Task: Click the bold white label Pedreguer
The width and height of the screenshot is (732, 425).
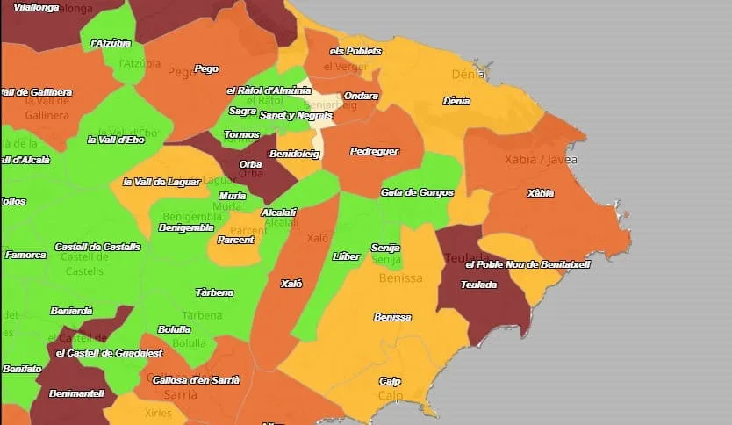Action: (374, 151)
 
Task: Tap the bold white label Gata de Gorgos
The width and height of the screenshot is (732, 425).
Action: (417, 192)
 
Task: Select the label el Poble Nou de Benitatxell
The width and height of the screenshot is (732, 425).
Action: (527, 264)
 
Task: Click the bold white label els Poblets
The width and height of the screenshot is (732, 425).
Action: (355, 51)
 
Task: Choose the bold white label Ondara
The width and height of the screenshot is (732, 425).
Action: (361, 96)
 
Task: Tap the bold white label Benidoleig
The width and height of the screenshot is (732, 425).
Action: (294, 154)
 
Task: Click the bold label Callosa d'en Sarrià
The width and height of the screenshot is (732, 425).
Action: (196, 380)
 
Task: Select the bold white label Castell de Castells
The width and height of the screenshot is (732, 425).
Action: (97, 247)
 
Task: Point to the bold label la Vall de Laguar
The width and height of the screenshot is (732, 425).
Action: (162, 182)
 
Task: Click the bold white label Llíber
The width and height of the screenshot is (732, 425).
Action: (347, 256)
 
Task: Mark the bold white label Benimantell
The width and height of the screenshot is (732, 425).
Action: (76, 393)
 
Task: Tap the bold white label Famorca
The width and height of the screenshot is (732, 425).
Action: (25, 255)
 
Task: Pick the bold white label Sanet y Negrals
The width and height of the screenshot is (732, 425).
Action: (296, 115)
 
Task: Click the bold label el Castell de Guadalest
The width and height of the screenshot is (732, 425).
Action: (109, 353)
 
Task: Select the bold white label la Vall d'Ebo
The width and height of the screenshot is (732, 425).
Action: (116, 140)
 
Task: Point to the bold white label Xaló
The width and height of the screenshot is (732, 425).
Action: (291, 284)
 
